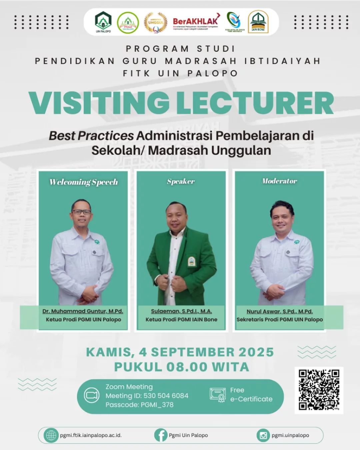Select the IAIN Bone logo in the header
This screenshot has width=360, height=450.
258,22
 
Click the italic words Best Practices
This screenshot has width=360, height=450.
91,136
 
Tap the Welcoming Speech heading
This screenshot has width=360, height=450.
83,182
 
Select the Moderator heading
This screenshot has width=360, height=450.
279,181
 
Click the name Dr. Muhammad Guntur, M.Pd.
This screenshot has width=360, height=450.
83,311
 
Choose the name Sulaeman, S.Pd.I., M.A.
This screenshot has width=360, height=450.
181,311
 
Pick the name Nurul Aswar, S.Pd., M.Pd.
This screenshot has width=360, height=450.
280,311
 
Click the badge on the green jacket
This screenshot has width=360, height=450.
191,261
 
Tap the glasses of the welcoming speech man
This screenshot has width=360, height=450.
81,212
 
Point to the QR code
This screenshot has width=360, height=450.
319,390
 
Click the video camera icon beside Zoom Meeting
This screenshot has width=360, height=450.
91,396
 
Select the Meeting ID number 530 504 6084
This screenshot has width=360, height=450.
166,396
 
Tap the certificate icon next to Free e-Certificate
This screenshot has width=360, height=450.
218,395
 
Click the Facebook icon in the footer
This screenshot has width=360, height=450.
161,435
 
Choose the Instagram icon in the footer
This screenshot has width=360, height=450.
263,435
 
